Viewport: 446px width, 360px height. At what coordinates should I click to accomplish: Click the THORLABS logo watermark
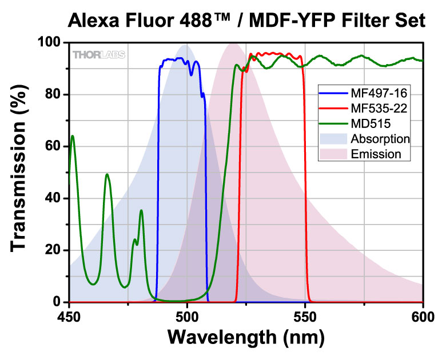pyautogui.click(x=99, y=55)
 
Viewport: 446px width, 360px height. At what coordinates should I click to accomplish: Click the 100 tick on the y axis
pyautogui.click(x=50, y=43)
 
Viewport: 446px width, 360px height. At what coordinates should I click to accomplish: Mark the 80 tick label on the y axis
pyautogui.click(x=54, y=95)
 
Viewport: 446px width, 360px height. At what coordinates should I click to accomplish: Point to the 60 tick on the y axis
pyautogui.click(x=54, y=147)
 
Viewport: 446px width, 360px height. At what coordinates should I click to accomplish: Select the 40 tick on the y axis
pyautogui.click(x=54, y=198)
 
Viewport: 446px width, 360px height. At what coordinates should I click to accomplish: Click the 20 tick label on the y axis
pyautogui.click(x=54, y=250)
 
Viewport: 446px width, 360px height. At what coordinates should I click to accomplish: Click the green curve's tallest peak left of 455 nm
pyautogui.click(x=73, y=136)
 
